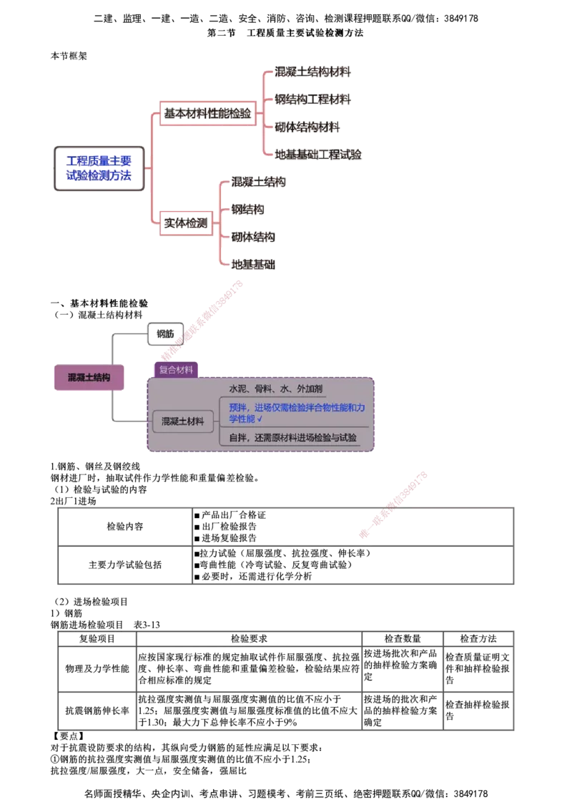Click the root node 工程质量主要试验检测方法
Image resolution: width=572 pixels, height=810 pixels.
point(99,169)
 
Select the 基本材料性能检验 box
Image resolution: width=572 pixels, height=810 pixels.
point(207,114)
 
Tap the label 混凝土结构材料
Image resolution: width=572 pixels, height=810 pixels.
point(314,72)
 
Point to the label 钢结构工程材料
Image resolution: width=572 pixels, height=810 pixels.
point(314,99)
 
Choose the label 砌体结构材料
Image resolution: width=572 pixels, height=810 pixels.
point(309,127)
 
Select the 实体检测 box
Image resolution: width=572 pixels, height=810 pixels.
point(185,223)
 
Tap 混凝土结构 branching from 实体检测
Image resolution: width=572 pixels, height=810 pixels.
point(258,182)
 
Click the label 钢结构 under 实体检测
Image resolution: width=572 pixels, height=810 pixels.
point(247,210)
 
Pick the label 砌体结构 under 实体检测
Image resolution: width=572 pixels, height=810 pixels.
point(253,237)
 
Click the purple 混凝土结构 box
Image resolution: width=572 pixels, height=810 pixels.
point(89,378)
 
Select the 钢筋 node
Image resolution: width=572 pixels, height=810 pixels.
point(164,334)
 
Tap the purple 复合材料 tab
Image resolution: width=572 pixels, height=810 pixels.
point(176,370)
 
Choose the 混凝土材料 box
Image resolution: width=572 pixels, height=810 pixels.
point(182,421)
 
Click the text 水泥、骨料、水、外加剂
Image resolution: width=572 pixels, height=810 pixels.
point(275,389)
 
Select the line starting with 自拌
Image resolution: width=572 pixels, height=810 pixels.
point(292,437)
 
